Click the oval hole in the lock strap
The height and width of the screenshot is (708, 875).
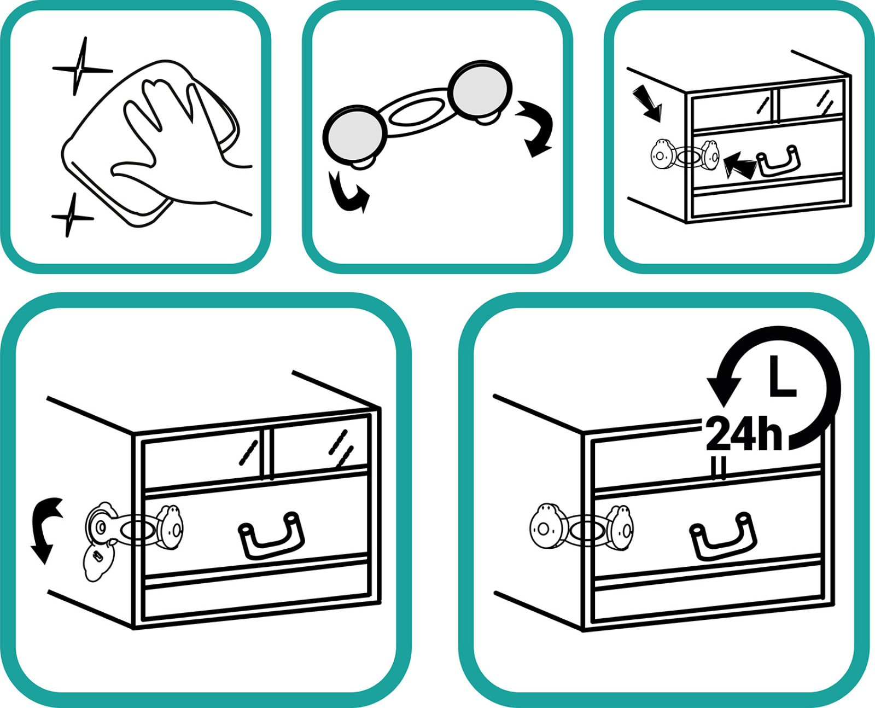[x=417, y=112]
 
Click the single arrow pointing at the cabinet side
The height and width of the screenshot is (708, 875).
[x=648, y=103]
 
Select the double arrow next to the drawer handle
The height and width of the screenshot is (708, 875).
[x=739, y=166]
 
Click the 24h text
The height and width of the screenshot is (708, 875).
[x=744, y=434]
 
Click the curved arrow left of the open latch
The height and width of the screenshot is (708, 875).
[x=45, y=530]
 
